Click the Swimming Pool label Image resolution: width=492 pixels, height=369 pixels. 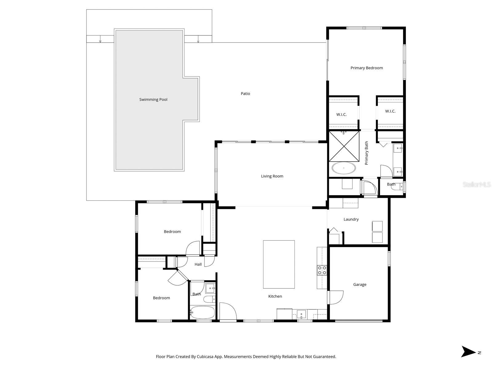[153, 99]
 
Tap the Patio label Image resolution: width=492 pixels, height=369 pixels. [245, 94]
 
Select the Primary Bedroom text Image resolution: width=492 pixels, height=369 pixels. [366, 68]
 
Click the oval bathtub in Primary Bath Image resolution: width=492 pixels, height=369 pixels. [344, 168]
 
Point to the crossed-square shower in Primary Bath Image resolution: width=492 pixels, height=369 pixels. [344, 146]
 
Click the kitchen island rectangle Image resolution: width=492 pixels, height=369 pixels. [279, 264]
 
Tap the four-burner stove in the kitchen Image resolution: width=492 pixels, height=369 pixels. [322, 270]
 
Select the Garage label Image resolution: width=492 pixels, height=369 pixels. [360, 285]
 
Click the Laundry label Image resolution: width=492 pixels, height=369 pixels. [351, 219]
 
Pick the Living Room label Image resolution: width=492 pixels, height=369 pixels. [272, 176]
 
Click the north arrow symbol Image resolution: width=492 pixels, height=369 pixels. [468, 351]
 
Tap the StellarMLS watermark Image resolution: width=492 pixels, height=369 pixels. [477, 185]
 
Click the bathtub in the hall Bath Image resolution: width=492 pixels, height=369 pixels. [202, 312]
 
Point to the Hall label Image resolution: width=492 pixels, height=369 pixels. [198, 264]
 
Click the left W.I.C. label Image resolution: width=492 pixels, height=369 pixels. [341, 114]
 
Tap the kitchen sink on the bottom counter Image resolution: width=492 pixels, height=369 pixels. [301, 315]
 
